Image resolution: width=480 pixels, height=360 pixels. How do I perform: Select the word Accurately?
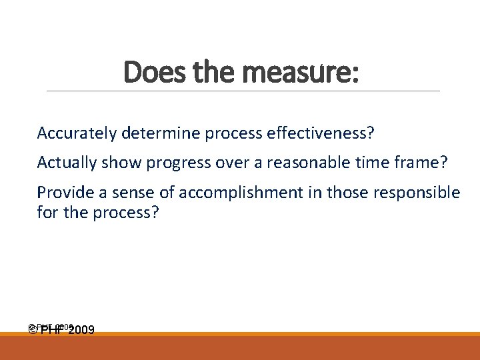[77, 133]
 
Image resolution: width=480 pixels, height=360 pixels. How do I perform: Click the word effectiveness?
[320, 133]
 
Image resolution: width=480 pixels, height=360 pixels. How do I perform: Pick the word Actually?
[65, 163]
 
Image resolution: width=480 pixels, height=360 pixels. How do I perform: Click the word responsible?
[417, 193]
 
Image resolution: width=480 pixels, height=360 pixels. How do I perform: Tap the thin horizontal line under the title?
[243, 91]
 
